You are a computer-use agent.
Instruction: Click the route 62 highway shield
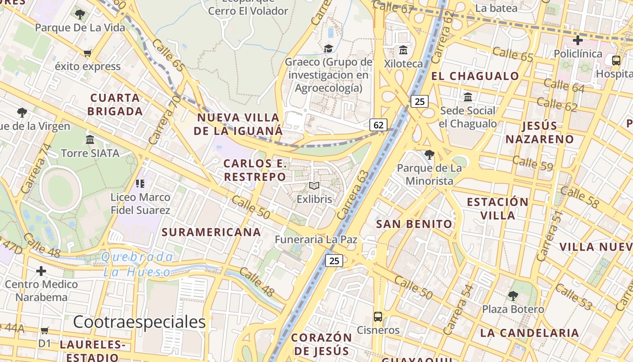(x=378, y=125)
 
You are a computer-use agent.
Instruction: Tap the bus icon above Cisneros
(x=378, y=317)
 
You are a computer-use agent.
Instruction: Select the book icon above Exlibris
(x=314, y=186)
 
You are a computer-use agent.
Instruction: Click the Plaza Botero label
(x=513, y=310)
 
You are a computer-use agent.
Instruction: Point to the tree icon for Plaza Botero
(x=513, y=296)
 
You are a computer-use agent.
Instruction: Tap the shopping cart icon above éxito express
(x=88, y=53)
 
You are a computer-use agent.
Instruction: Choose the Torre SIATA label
(x=90, y=153)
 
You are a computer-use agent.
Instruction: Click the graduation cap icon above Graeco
(x=328, y=48)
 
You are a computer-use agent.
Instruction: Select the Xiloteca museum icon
(x=403, y=50)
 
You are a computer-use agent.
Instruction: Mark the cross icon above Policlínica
(x=577, y=40)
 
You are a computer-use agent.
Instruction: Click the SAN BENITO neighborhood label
(x=414, y=224)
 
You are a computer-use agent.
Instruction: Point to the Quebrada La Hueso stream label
(x=137, y=265)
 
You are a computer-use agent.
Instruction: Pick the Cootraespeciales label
(x=139, y=322)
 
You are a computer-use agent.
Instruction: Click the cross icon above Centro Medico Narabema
(x=41, y=271)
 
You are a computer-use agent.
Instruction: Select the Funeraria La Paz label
(x=316, y=240)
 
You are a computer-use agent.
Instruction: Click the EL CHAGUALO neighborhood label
(x=475, y=76)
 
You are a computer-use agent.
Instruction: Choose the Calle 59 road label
(x=533, y=163)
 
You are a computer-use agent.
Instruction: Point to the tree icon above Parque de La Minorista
(x=430, y=155)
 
